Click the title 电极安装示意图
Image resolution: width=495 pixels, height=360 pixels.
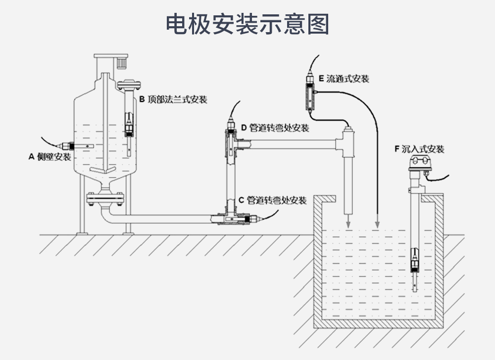(x=247, y=23)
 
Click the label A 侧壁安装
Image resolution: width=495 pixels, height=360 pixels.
(x=49, y=157)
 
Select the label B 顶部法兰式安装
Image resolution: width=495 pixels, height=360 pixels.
(x=172, y=99)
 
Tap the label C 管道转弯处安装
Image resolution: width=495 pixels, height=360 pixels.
(x=272, y=200)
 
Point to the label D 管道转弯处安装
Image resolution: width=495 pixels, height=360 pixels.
(x=275, y=128)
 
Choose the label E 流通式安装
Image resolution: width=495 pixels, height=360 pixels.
(x=344, y=79)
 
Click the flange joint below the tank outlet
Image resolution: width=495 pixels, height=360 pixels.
(x=104, y=198)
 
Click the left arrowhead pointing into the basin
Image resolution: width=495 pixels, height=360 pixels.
(x=348, y=225)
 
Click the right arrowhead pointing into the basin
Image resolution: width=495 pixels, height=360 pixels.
(x=377, y=225)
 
